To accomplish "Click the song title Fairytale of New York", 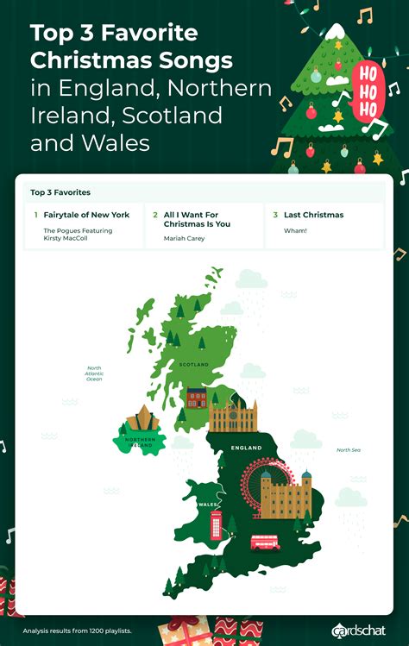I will [x=86, y=215].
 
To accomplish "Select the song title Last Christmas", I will [x=313, y=215].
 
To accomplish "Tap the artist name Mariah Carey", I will [x=185, y=239].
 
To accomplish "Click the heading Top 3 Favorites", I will [x=60, y=192].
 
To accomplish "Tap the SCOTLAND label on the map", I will [x=194, y=365].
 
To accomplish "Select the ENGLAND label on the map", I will [x=246, y=448].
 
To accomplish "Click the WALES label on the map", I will [x=208, y=505].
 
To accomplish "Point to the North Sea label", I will [x=348, y=450].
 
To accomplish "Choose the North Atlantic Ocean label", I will [x=94, y=373].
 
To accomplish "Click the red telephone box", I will [x=217, y=524].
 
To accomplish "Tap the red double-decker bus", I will [x=264, y=543].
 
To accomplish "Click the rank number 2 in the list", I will [x=155, y=215].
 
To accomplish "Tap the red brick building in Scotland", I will [x=197, y=398].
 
